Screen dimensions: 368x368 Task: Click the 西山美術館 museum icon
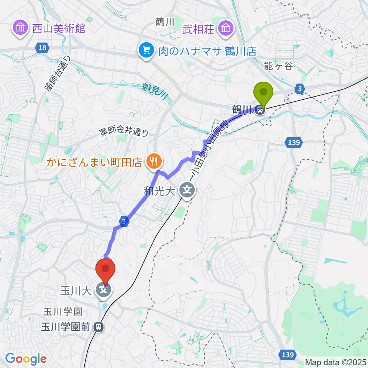coord(19,28)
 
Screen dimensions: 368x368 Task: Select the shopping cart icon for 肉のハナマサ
coord(146,50)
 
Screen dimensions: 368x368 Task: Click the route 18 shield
coord(42,47)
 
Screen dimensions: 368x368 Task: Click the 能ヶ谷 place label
coord(278,66)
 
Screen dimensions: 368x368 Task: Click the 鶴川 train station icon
coord(260,110)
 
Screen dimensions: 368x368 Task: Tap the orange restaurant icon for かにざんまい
coord(153,162)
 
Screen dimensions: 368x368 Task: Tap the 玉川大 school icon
coord(103,290)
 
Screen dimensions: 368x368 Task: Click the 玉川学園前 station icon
coord(99,327)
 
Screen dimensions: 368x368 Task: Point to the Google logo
coord(26,359)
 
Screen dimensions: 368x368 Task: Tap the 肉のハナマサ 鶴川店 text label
coord(207,50)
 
